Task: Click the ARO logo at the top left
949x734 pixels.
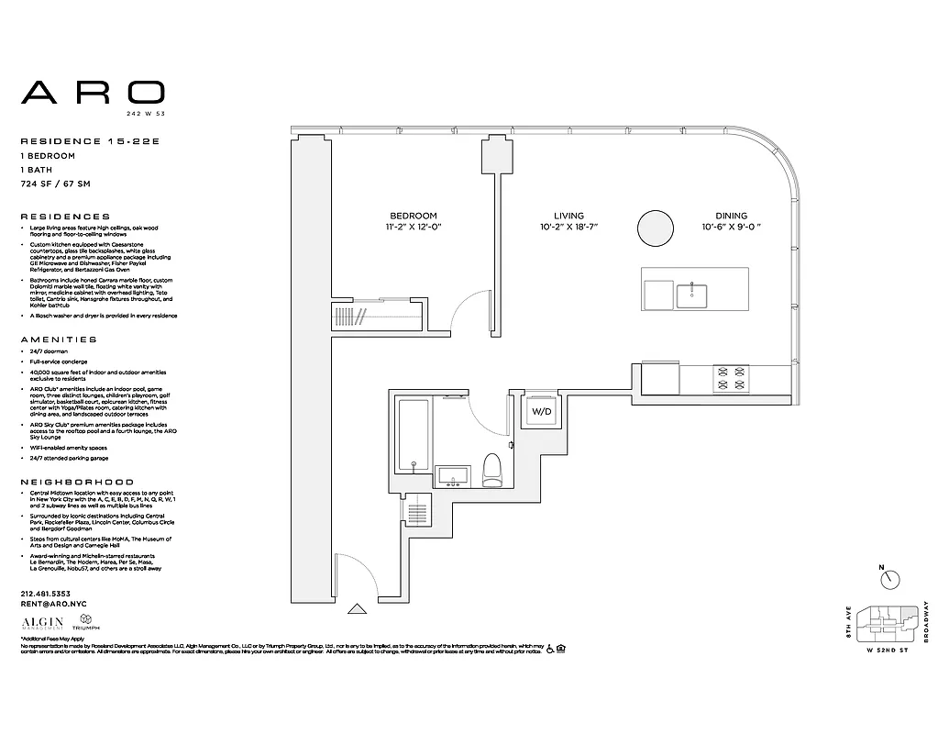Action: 93,93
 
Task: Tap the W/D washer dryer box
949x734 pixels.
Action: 542,412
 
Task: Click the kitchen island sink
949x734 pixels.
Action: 691,295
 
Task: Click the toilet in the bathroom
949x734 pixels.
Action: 492,469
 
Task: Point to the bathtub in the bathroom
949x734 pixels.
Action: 413,431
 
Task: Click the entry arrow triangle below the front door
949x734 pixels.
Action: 358,606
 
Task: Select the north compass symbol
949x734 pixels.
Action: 888,579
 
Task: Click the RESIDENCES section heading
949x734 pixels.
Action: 65,217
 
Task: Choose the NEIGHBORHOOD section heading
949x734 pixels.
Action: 77,482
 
